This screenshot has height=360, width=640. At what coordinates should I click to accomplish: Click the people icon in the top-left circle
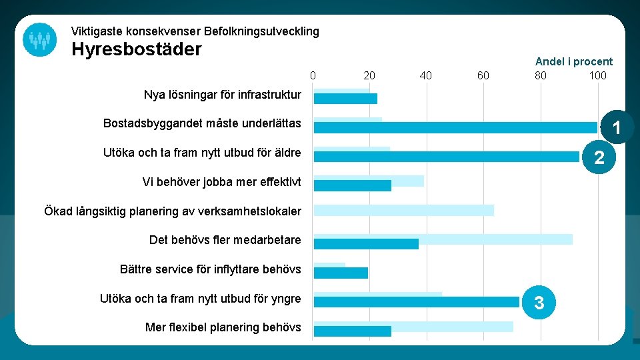coord(39,39)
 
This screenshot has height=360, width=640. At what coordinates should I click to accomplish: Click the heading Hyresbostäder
coord(136,50)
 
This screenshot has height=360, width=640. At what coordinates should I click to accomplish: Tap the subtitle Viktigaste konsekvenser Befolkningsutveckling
coord(195,31)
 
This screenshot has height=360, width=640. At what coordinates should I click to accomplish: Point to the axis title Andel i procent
coord(573,61)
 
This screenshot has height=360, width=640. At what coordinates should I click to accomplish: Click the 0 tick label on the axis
coord(313,75)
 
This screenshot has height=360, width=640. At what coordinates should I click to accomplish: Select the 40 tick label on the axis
coord(425,75)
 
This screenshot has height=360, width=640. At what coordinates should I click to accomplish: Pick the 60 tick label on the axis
coord(483,75)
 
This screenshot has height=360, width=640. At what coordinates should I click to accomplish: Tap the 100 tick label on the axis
coord(597,75)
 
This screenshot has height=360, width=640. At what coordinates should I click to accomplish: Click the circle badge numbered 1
coord(617,127)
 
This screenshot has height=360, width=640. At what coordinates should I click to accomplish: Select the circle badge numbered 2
coord(599,157)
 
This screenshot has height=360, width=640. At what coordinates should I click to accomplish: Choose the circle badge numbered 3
coord(539,303)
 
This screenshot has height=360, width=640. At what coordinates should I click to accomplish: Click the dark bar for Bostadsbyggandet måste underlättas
coord(455,127)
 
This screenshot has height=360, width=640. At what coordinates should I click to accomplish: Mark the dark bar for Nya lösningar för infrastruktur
coord(345,99)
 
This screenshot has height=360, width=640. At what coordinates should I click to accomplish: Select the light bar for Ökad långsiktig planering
coord(403,210)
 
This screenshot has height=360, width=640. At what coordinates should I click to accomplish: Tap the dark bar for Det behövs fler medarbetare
coord(366,244)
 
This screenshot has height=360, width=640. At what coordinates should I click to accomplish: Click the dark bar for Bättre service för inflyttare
coord(341,273)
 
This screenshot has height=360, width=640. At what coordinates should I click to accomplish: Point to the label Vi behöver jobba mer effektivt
coord(221,182)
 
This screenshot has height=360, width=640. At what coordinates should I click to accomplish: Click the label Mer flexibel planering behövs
coord(223,327)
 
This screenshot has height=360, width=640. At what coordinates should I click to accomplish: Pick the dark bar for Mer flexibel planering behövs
coord(352,331)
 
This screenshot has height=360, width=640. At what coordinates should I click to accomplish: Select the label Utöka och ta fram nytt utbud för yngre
coord(200,299)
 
